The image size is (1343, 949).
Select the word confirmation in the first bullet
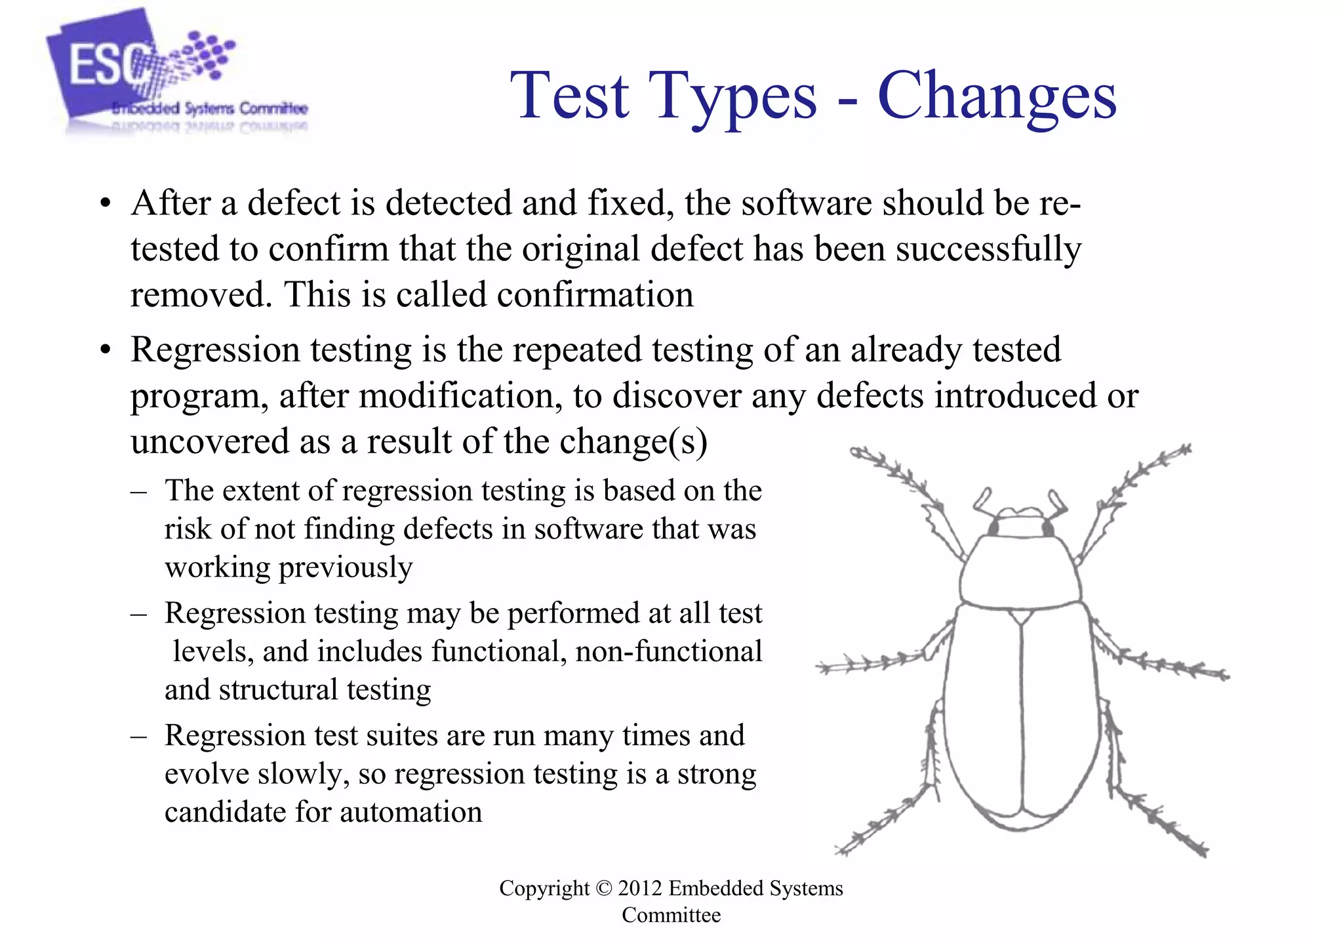point(595,294)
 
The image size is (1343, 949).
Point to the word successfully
point(989,250)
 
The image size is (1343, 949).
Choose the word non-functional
point(669,651)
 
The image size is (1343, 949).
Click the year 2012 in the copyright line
point(640,888)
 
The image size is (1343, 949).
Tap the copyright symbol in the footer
point(603,888)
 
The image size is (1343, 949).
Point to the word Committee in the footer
point(671,915)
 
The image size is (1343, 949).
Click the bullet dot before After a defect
point(105,204)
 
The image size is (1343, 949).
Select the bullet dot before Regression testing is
point(105,350)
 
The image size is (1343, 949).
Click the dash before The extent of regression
point(138,491)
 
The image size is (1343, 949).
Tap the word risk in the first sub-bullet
point(188,529)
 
